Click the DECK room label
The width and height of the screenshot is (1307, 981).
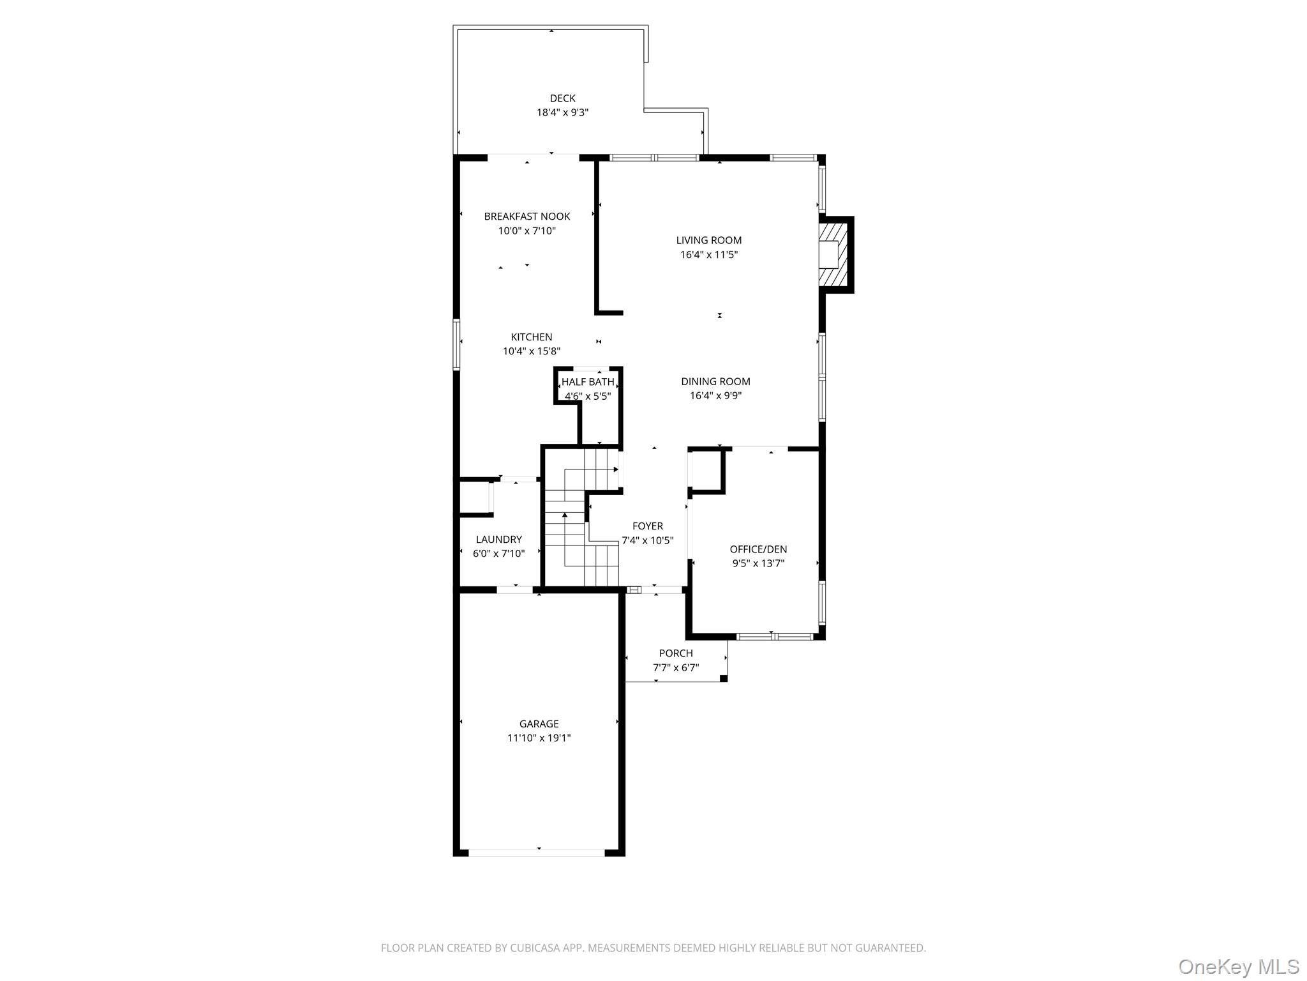click(562, 98)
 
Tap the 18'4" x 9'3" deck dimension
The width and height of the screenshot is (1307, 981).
click(562, 112)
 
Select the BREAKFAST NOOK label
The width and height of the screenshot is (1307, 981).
click(527, 217)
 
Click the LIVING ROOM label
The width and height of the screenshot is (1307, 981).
click(708, 240)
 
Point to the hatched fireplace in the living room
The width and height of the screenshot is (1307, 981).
click(835, 254)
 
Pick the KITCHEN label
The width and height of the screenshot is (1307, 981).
click(531, 337)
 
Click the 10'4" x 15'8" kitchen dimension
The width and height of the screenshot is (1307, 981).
click(531, 351)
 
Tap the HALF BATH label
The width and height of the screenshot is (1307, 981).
click(588, 382)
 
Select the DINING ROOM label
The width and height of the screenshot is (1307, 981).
click(715, 381)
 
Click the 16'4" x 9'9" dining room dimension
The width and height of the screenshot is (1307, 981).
click(715, 395)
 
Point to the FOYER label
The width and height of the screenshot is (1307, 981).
click(647, 526)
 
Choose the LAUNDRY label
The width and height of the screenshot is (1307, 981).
click(498, 540)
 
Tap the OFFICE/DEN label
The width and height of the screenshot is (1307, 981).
click(758, 549)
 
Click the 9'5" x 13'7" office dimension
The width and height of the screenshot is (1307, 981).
click(758, 563)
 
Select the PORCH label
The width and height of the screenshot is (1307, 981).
click(676, 653)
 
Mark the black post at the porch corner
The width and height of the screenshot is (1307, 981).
click(723, 678)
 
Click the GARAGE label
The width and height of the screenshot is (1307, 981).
click(539, 724)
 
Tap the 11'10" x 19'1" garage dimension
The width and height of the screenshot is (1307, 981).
click(539, 738)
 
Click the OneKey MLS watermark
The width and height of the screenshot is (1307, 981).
click(1238, 966)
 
